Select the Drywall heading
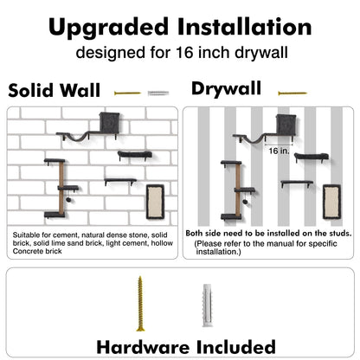pos(226,88)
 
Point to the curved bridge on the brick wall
pos(70,135)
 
